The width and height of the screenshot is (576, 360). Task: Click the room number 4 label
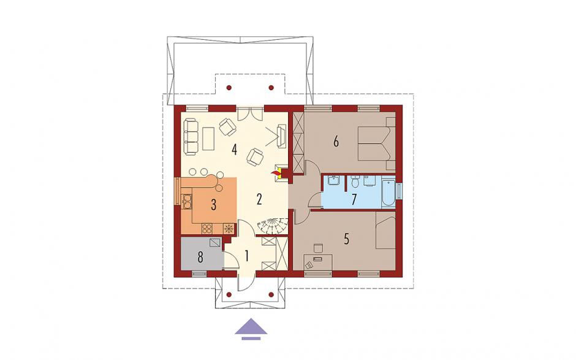pyautogui.click(x=234, y=150)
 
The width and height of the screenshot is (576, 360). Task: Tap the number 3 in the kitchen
pyautogui.click(x=213, y=205)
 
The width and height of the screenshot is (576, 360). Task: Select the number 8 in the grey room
pyautogui.click(x=200, y=258)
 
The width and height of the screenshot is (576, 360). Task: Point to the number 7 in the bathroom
pyautogui.click(x=354, y=199)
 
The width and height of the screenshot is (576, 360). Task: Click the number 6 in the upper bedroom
pyautogui.click(x=336, y=142)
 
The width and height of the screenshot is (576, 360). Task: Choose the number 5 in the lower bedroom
pyautogui.click(x=346, y=239)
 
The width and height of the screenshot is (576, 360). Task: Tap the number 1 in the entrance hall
pyautogui.click(x=246, y=256)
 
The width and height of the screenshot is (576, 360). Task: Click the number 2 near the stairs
pyautogui.click(x=259, y=199)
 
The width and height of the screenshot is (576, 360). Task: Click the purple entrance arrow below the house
pyautogui.click(x=251, y=327)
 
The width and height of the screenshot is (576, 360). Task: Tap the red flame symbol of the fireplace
pyautogui.click(x=274, y=172)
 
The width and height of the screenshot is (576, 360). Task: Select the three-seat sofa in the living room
pyautogui.click(x=191, y=136)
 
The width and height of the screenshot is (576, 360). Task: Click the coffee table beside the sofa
pyautogui.click(x=208, y=138)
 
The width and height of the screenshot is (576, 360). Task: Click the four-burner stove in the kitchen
pyautogui.click(x=207, y=228)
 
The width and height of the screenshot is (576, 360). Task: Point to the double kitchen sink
pyautogui.click(x=187, y=201)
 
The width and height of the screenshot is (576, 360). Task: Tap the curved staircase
pyautogui.click(x=272, y=226)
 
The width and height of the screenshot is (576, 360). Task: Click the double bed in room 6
pyautogui.click(x=376, y=144)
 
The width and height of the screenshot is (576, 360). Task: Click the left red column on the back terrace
pyautogui.click(x=229, y=88)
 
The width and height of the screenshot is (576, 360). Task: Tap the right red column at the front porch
pyautogui.click(x=271, y=294)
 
